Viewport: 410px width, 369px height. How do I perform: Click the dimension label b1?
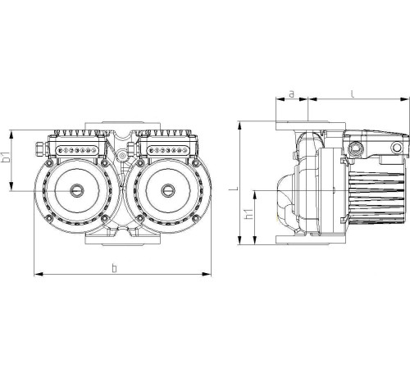click(7, 158)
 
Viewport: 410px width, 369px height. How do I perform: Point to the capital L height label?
click(233, 188)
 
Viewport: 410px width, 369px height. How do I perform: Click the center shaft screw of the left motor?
click(76, 190)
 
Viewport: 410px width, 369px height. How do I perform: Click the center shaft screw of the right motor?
click(166, 190)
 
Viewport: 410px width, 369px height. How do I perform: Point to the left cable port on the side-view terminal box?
click(357, 148)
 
